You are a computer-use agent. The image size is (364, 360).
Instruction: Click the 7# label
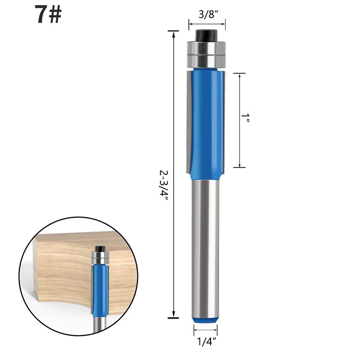tap(48, 14)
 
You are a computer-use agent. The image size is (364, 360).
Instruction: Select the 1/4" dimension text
tap(206, 342)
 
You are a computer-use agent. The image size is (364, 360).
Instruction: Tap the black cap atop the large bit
tap(206, 35)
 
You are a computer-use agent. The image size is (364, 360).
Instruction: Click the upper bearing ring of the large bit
tap(206, 48)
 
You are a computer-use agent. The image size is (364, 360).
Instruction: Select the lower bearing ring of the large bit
tap(206, 61)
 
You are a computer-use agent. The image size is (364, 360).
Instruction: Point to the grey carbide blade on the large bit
tap(189, 122)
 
